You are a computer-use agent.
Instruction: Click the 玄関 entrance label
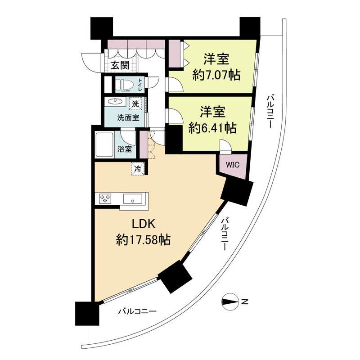pyautogui.click(x=120, y=66)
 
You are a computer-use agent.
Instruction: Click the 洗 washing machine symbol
pyautogui.click(x=135, y=104)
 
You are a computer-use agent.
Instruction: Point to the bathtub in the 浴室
pyautogui.click(x=104, y=144)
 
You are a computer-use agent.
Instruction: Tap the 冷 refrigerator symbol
pyautogui.click(x=138, y=169)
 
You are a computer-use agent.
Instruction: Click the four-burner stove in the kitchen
pyautogui.click(x=105, y=198)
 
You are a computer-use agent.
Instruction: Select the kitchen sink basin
pyautogui.click(x=132, y=199)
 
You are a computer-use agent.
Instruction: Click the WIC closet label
pyautogui.click(x=233, y=165)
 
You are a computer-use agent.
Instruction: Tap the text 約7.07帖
pyautogui.click(x=216, y=75)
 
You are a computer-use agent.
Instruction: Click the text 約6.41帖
pyautogui.click(x=212, y=128)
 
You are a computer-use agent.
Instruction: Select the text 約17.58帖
pyautogui.click(x=143, y=240)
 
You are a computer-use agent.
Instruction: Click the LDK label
pyautogui.click(x=143, y=224)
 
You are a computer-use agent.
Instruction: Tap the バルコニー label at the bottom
pyautogui.click(x=137, y=311)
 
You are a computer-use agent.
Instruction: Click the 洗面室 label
pyautogui.click(x=128, y=118)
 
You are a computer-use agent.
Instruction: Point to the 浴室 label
pyautogui.click(x=125, y=149)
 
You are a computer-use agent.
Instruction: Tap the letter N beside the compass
pyautogui.click(x=245, y=301)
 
